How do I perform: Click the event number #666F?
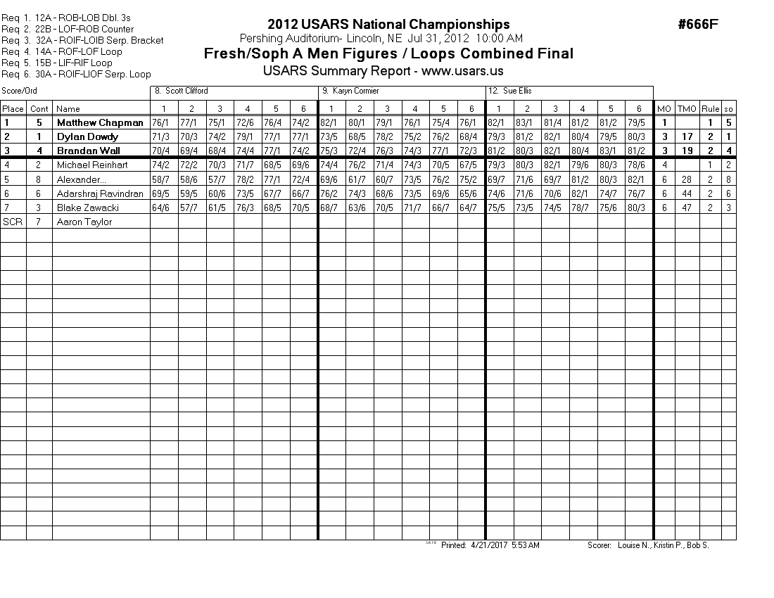pos(698,25)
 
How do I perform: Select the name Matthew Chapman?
pos(99,122)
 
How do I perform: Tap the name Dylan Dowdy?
pos(87,136)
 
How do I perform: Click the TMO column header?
pos(686,108)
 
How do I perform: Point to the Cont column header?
pos(39,108)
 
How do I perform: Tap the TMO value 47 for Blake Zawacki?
pos(686,208)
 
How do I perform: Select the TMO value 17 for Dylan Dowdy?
pos(686,136)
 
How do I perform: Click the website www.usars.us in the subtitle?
pos(462,71)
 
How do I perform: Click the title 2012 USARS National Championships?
pos(388,25)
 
